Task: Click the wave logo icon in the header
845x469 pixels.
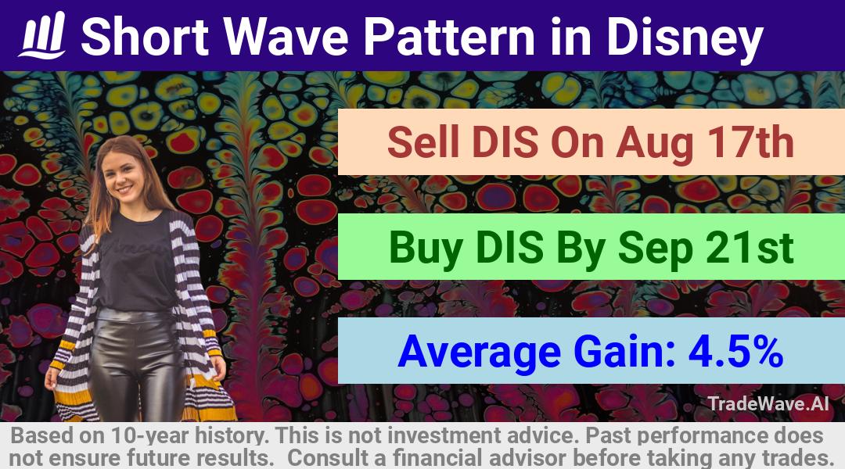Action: [x=42, y=35]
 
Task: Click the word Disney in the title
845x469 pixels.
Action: [x=685, y=38]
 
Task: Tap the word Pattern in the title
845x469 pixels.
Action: [x=448, y=36]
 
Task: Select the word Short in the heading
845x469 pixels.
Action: [x=145, y=36]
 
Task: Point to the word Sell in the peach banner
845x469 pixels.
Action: [x=423, y=143]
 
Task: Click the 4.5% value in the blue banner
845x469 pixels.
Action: [x=735, y=351]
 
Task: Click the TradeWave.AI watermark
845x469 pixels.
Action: [x=768, y=403]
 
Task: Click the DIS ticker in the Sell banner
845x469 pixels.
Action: [x=504, y=143]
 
